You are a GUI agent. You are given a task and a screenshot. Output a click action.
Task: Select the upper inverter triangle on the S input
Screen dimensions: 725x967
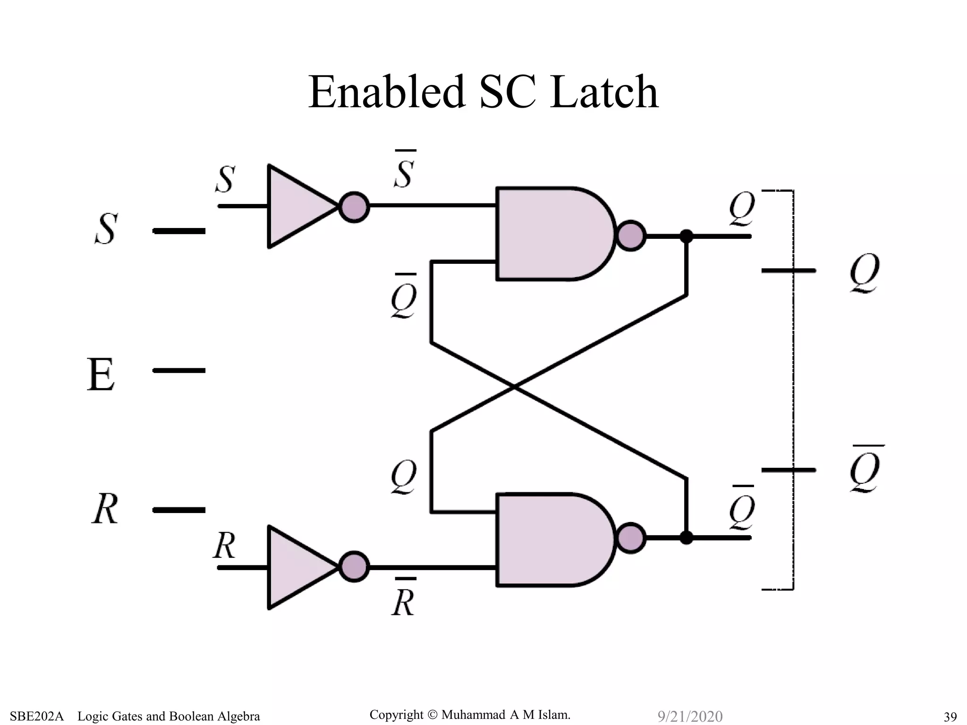pos(297,206)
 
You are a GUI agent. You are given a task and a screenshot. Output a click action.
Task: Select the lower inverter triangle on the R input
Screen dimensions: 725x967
pos(297,567)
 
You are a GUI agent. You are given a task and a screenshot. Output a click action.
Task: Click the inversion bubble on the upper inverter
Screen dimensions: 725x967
pos(354,207)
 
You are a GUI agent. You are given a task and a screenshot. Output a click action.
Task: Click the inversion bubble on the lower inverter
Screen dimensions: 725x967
pos(354,566)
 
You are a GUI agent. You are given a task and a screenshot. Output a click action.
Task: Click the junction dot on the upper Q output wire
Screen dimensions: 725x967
pos(687,236)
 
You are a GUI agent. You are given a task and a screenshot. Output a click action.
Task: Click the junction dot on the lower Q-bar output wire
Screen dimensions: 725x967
pos(687,537)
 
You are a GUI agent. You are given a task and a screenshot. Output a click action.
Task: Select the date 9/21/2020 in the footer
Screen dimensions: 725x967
pos(690,716)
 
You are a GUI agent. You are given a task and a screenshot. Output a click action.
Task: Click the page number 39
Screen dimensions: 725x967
pos(950,717)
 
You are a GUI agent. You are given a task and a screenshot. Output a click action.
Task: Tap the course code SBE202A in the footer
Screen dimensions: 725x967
pos(36,716)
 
